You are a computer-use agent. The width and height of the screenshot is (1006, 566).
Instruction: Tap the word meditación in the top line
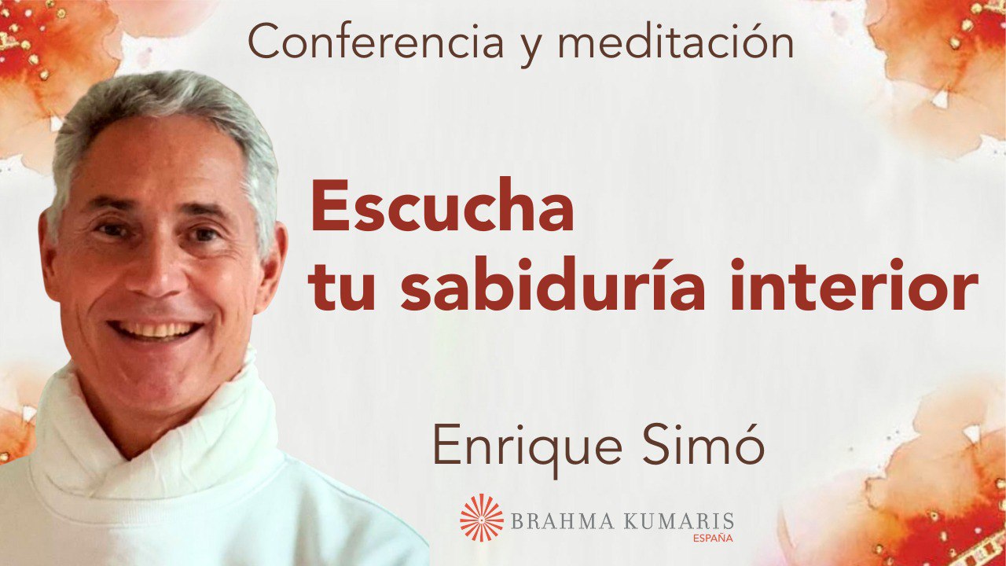tap(675, 43)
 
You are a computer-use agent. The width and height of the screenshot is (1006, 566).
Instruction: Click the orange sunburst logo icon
tap(482, 518)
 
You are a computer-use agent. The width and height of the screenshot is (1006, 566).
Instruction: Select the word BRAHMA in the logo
tap(555, 520)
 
